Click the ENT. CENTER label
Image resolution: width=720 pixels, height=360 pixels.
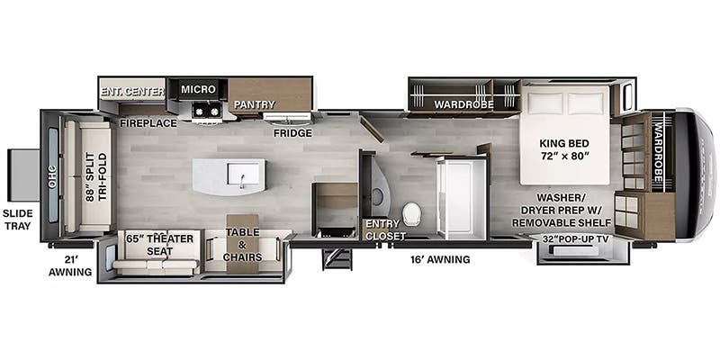click(x=131, y=91)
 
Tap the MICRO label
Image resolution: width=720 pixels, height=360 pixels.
click(x=199, y=89)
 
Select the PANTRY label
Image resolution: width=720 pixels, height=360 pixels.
click(x=255, y=104)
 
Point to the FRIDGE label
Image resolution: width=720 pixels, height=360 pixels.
click(x=293, y=133)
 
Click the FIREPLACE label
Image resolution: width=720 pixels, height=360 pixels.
click(x=148, y=122)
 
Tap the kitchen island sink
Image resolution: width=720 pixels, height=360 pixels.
click(x=240, y=174)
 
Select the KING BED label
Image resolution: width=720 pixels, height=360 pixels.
click(x=565, y=142)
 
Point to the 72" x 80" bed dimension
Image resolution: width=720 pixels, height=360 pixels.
click(x=565, y=157)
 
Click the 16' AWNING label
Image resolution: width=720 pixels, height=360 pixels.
click(x=440, y=259)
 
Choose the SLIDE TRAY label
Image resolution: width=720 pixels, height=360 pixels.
click(x=18, y=219)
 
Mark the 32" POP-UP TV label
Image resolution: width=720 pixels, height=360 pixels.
click(x=575, y=238)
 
